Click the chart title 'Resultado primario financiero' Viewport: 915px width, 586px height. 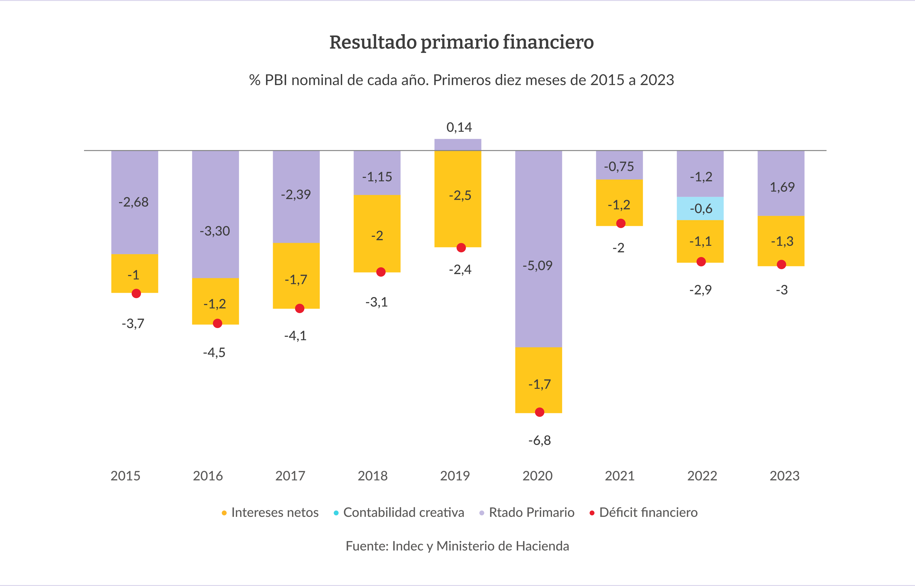[461, 42]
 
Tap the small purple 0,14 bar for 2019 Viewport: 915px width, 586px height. [458, 145]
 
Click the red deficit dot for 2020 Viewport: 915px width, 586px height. [539, 412]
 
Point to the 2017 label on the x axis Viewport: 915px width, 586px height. [290, 476]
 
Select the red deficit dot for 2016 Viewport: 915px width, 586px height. [218, 323]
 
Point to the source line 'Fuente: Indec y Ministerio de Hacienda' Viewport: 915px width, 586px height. [457, 546]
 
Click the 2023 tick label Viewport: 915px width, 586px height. [784, 476]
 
